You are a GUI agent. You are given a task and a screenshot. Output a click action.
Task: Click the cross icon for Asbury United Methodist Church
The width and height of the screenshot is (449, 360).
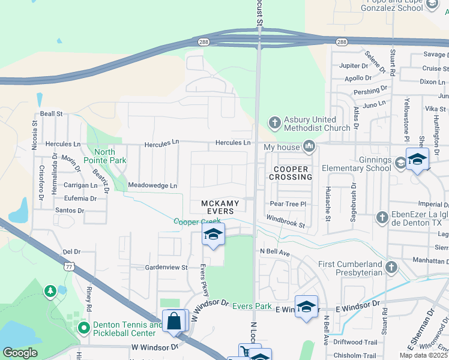click(x=275, y=123)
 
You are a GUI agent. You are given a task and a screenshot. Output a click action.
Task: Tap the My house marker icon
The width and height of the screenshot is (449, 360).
click(x=310, y=146)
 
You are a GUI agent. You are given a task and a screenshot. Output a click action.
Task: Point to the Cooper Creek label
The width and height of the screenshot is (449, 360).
click(x=197, y=221)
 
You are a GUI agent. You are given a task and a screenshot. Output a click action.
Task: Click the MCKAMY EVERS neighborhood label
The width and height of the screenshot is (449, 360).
click(x=220, y=208)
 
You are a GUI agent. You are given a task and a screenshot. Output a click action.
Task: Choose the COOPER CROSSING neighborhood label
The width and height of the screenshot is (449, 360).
click(x=293, y=173)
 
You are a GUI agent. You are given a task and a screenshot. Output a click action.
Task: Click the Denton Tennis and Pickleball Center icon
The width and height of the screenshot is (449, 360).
click(x=83, y=328)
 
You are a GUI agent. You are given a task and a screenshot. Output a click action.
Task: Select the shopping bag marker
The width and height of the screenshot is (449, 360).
click(x=174, y=320)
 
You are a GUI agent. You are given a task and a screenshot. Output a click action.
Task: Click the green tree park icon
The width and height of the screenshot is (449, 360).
click(x=50, y=292)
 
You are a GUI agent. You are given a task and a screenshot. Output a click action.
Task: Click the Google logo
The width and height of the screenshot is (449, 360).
click(x=20, y=353)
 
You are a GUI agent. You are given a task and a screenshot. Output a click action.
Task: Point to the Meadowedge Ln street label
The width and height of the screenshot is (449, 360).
click(x=152, y=186)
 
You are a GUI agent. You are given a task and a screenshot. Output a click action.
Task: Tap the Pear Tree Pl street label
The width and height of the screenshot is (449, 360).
click(x=288, y=204)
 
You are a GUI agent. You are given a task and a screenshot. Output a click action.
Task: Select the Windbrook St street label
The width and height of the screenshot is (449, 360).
click(x=286, y=222)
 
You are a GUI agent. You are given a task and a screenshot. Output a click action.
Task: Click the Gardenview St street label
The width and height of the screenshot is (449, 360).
click(x=167, y=267)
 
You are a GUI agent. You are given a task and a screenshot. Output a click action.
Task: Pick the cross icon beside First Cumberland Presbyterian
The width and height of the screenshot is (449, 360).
click(x=391, y=266)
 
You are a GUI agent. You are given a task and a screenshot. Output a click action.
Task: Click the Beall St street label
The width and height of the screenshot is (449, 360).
click(x=52, y=113)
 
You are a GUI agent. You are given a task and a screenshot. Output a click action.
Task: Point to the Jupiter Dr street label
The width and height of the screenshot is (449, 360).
click(x=354, y=65)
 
